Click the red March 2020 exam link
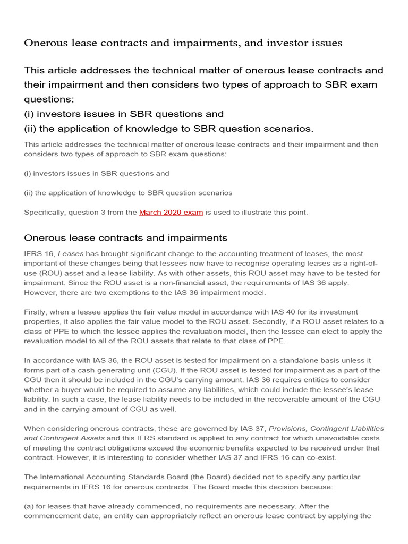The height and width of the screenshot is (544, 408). (x=171, y=212)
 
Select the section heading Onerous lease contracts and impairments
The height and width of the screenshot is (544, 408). (x=126, y=238)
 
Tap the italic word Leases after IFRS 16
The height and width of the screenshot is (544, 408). (x=70, y=254)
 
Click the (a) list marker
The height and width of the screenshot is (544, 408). (x=30, y=506)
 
